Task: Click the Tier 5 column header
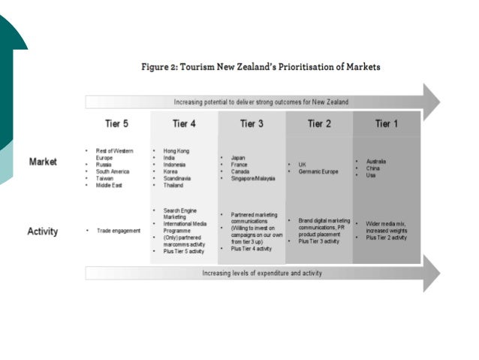118,124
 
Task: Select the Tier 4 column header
184,124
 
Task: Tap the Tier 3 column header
252,124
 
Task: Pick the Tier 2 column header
319,124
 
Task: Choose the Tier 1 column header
387,124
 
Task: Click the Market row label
43,162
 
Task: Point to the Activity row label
44,231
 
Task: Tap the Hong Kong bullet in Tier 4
176,151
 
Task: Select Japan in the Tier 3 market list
239,158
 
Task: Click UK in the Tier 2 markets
303,165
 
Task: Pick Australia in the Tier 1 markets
376,162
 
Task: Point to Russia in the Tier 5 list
104,165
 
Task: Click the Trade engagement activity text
118,231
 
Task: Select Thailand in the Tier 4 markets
175,185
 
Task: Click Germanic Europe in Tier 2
318,171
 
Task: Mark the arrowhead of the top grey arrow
431,101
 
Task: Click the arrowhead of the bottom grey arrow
431,273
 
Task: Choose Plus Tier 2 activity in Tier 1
387,237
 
